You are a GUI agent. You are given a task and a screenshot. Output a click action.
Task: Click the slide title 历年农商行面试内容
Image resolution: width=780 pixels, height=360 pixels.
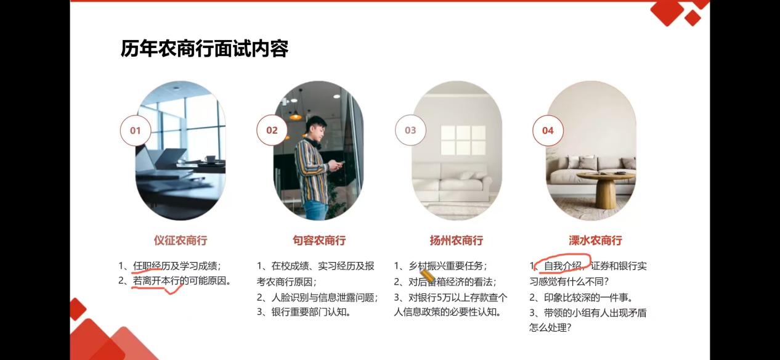pyautogui.click(x=205, y=49)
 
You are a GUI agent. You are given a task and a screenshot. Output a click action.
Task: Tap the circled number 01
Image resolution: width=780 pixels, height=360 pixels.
pyautogui.click(x=136, y=130)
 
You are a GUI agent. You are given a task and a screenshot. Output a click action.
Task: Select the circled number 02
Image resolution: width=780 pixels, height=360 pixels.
pyautogui.click(x=272, y=130)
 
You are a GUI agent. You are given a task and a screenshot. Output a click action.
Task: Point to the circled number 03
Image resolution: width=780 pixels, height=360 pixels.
pyautogui.click(x=410, y=130)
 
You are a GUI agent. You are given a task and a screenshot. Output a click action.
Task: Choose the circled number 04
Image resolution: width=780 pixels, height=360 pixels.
pyautogui.click(x=548, y=130)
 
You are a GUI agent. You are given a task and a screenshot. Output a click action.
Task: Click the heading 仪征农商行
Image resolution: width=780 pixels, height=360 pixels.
pyautogui.click(x=181, y=240)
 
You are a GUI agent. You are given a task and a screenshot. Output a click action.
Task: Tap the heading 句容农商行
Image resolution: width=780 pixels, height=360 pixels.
pyautogui.click(x=319, y=240)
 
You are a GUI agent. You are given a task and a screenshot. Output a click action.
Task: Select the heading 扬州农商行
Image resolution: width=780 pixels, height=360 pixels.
pyautogui.click(x=456, y=240)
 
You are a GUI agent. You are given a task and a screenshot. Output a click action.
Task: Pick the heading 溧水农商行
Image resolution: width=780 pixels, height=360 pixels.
pyautogui.click(x=595, y=240)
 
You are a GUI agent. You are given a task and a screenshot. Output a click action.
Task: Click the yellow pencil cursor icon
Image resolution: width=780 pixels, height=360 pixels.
pyautogui.click(x=427, y=275)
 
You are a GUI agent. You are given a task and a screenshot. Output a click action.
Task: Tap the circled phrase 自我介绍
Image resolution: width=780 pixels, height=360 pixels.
pyautogui.click(x=563, y=266)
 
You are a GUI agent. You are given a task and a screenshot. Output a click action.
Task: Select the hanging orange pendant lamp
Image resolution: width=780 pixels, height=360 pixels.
pyautogui.click(x=296, y=115)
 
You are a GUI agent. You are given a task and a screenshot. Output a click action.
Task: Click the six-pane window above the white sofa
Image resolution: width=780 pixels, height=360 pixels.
pyautogui.click(x=463, y=140)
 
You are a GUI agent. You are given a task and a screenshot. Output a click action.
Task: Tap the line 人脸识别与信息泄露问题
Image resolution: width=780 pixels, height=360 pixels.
pyautogui.click(x=324, y=297)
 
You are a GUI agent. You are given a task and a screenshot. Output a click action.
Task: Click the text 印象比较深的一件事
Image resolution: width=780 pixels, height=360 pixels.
pyautogui.click(x=588, y=297)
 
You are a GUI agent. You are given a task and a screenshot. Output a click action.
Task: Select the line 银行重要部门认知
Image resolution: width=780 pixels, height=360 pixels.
pyautogui.click(x=311, y=312)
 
